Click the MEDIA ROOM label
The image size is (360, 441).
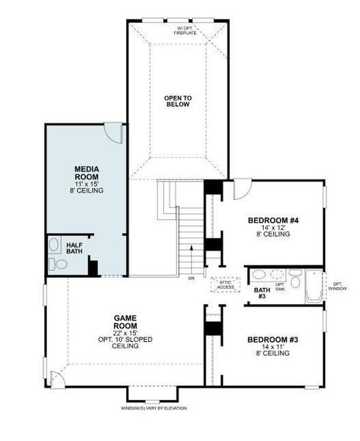87,173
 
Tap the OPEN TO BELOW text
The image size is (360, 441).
177,101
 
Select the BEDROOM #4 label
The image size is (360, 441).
273,220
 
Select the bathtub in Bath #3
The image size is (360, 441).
313,287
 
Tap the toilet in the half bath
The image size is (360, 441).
53,262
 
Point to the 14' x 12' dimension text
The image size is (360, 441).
273,229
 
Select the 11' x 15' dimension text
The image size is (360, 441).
87,183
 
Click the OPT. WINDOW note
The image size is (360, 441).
337,286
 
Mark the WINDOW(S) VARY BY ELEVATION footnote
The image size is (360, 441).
154,408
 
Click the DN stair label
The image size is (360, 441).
191,279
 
